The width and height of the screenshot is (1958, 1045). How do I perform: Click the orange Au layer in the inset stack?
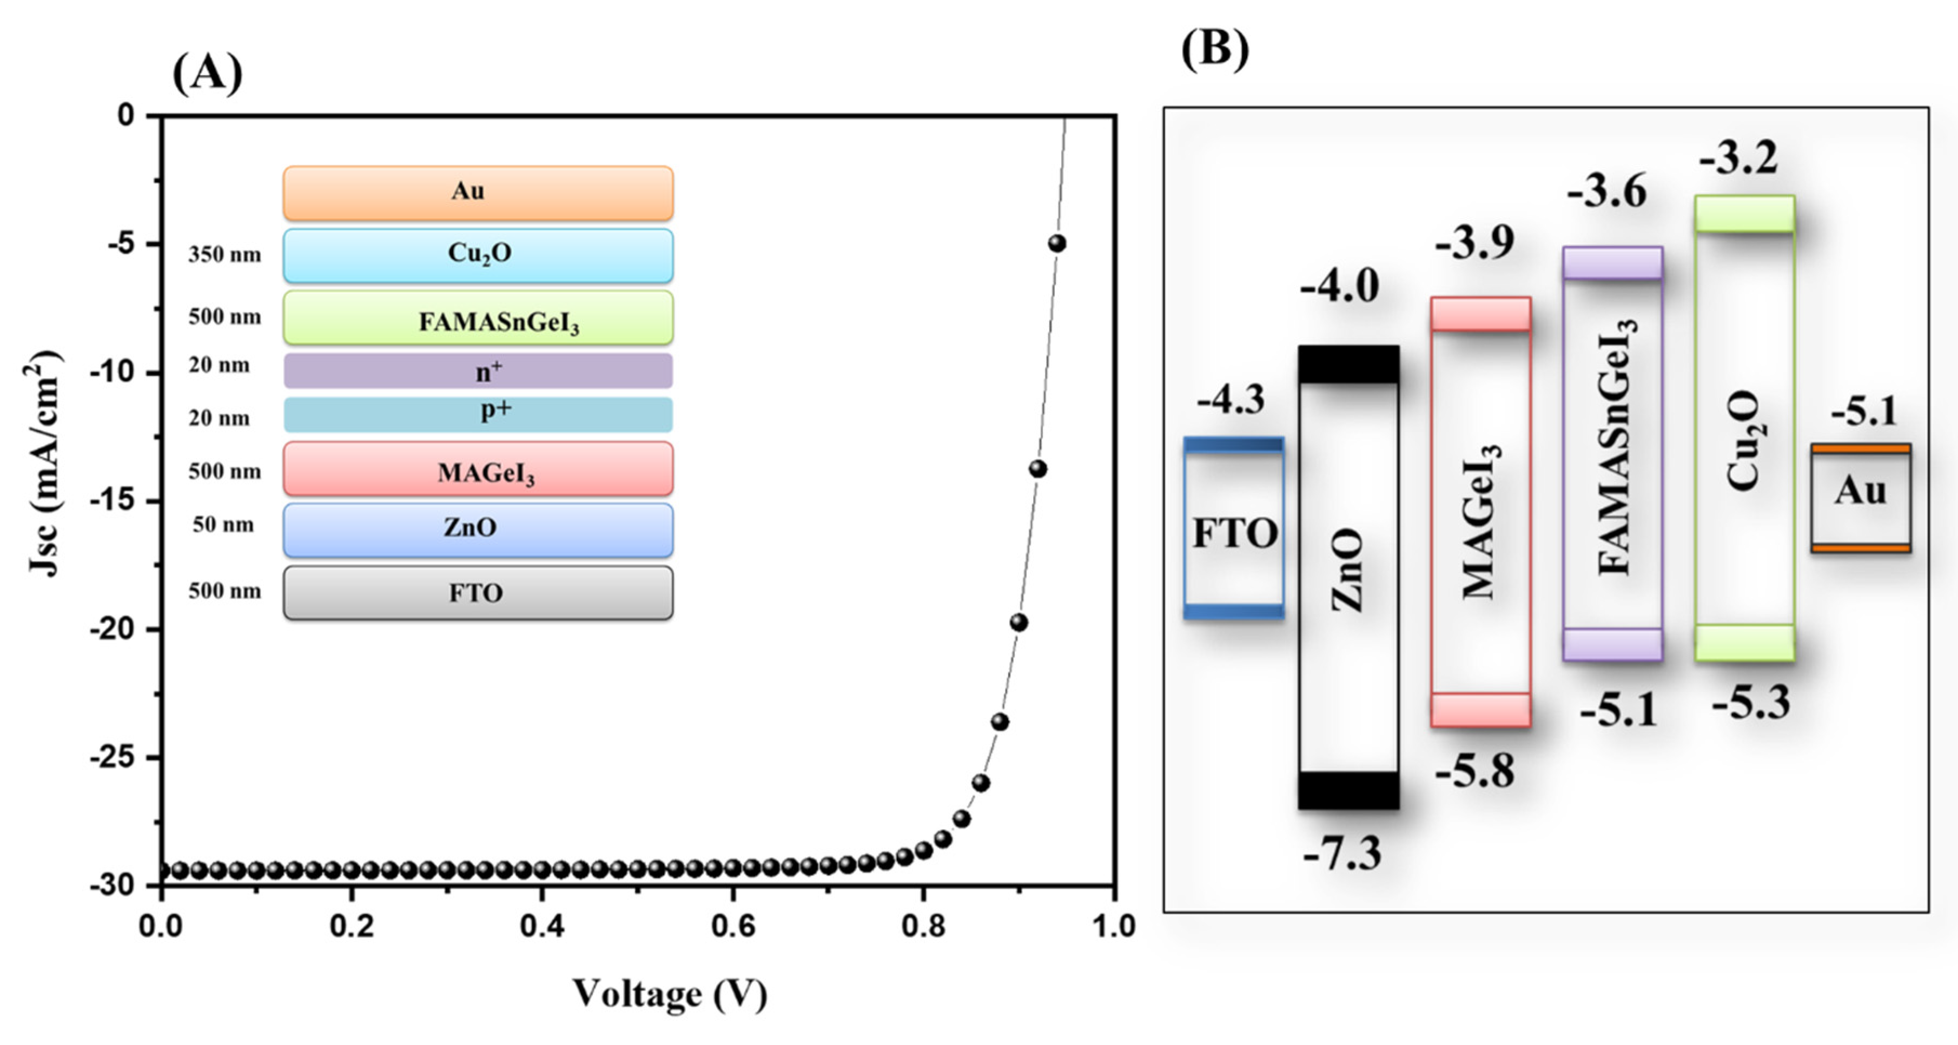(478, 193)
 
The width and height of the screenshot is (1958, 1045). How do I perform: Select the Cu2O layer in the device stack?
(478, 255)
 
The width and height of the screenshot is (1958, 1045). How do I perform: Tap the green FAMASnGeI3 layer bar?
(478, 318)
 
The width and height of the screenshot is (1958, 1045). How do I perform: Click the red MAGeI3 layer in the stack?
(478, 469)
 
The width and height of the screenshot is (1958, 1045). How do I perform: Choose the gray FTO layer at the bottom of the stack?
(478, 592)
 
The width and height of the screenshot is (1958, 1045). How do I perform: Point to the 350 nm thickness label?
(224, 255)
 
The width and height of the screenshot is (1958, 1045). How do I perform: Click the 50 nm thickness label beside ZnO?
(223, 525)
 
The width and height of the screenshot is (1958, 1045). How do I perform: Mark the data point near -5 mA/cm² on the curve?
(1056, 244)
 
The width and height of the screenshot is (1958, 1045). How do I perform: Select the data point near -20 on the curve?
(1018, 623)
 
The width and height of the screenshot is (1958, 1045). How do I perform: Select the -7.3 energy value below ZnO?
(1342, 854)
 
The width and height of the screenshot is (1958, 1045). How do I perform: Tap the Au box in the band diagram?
(1860, 498)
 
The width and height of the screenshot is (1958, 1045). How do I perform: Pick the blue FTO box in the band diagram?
(1234, 528)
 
